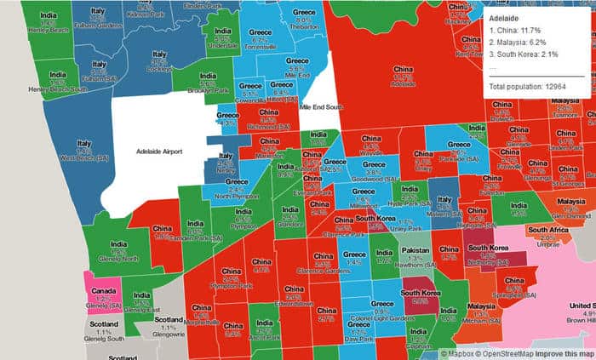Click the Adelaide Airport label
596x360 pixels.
[x=160, y=151]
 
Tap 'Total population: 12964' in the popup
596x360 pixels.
[x=524, y=88]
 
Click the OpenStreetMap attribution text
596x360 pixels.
[x=504, y=353]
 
